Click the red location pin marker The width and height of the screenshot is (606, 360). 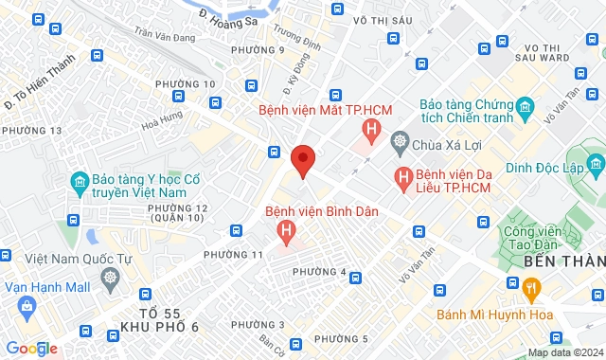(303, 160)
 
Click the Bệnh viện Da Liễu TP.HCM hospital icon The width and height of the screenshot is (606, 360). (403, 175)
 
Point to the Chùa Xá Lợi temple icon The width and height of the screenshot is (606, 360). (400, 143)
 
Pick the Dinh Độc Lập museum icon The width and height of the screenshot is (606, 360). (596, 168)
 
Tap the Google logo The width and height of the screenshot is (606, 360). (30, 348)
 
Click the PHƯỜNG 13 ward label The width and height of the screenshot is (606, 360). (32, 130)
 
